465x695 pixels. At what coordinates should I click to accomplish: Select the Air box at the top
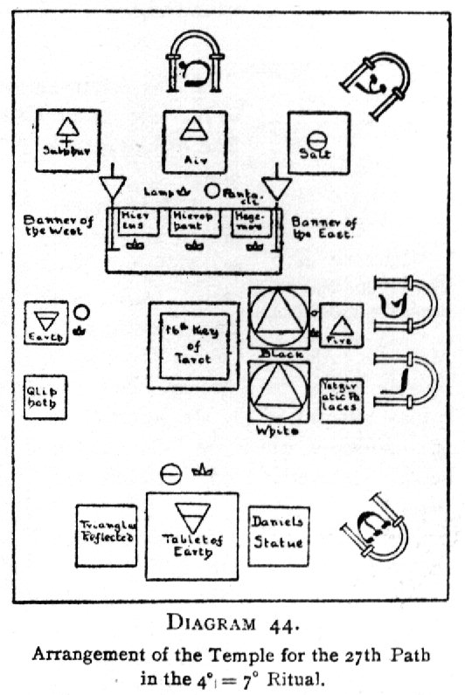pos(195,139)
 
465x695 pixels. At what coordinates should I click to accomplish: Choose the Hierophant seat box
pos(193,222)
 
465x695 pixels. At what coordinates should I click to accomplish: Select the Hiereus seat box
pos(135,222)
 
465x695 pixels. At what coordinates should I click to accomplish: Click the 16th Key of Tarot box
pos(193,345)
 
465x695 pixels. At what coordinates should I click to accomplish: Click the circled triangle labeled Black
pos(277,320)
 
